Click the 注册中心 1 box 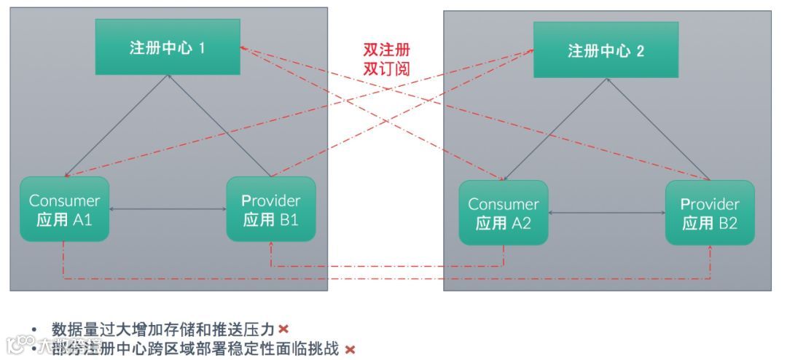[168, 47]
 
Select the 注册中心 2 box [606, 50]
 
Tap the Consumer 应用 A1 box [64, 209]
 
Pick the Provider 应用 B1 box [270, 209]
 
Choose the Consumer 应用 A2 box [503, 213]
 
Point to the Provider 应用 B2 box [710, 213]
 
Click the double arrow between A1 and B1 [168, 210]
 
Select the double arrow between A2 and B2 [606, 214]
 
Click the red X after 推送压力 [283, 329]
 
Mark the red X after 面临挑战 [350, 350]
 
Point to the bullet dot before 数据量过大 [34, 329]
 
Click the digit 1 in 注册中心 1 [202, 48]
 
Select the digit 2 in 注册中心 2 [640, 51]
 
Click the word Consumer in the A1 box [64, 200]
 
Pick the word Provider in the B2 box [710, 204]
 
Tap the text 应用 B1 [270, 219]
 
